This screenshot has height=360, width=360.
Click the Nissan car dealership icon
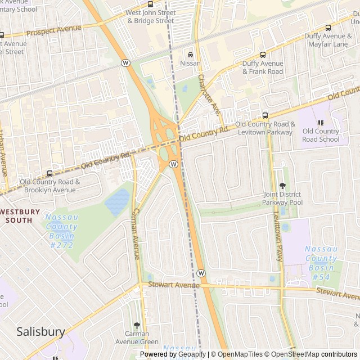(x=190, y=55)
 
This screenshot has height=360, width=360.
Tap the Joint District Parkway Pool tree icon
(x=282, y=186)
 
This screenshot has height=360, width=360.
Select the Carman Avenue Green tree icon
(x=137, y=325)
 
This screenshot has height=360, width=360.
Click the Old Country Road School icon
(x=321, y=123)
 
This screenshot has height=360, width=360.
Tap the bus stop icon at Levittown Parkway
(x=265, y=115)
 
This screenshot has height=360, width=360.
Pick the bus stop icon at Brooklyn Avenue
(x=49, y=173)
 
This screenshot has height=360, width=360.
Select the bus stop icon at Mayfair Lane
(x=327, y=27)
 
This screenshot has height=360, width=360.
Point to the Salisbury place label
(x=40, y=331)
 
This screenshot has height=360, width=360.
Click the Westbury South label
(x=20, y=216)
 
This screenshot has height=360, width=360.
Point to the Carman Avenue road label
(x=136, y=231)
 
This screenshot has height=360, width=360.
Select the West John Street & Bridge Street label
(x=150, y=16)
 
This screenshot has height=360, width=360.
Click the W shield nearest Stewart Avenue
(x=201, y=273)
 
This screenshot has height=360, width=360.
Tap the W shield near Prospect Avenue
(x=125, y=62)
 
